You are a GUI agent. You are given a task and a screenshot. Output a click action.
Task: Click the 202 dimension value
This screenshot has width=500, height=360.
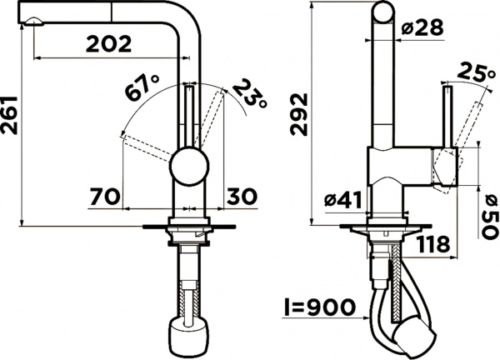108,44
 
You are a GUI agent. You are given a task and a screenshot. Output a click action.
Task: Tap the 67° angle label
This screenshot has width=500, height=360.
142,87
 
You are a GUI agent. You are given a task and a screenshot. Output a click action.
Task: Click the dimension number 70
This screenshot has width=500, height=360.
104,197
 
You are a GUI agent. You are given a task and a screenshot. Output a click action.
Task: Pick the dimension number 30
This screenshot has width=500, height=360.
241,197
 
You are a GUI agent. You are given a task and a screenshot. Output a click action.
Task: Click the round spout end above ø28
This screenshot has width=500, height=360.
382,12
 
